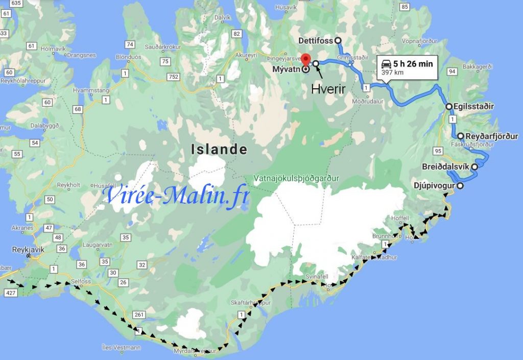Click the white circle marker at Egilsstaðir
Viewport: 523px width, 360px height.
click(x=448, y=107)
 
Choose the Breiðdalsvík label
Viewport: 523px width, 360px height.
click(x=445, y=167)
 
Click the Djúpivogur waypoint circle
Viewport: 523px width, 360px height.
click(x=460, y=186)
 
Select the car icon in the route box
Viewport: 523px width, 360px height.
click(x=386, y=64)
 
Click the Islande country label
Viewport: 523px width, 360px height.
click(x=219, y=150)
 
